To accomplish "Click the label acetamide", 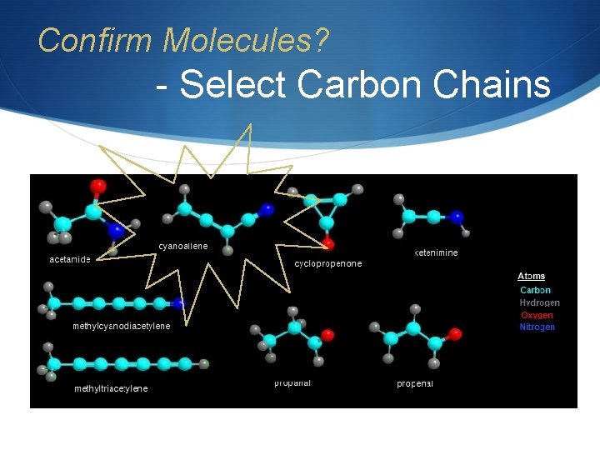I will [69, 259].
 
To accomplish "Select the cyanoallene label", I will [183, 247].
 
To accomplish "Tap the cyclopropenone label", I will [328, 264].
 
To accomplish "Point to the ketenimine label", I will [436, 252].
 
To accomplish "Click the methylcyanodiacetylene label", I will [122, 326].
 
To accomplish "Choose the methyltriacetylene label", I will [111, 388].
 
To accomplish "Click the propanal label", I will [292, 383].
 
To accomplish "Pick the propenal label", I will [415, 384].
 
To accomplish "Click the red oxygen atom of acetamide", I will [98, 185].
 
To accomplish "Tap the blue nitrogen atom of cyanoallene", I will [267, 208].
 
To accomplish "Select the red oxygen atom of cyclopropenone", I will [329, 244].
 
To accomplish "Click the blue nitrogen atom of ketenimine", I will [457, 217].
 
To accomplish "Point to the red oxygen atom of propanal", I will [327, 335].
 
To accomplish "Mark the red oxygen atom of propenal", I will [454, 333].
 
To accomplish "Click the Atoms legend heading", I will [532, 277].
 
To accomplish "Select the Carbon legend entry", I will [535, 290].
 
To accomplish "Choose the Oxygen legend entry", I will [537, 315].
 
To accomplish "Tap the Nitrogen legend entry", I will [537, 327].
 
